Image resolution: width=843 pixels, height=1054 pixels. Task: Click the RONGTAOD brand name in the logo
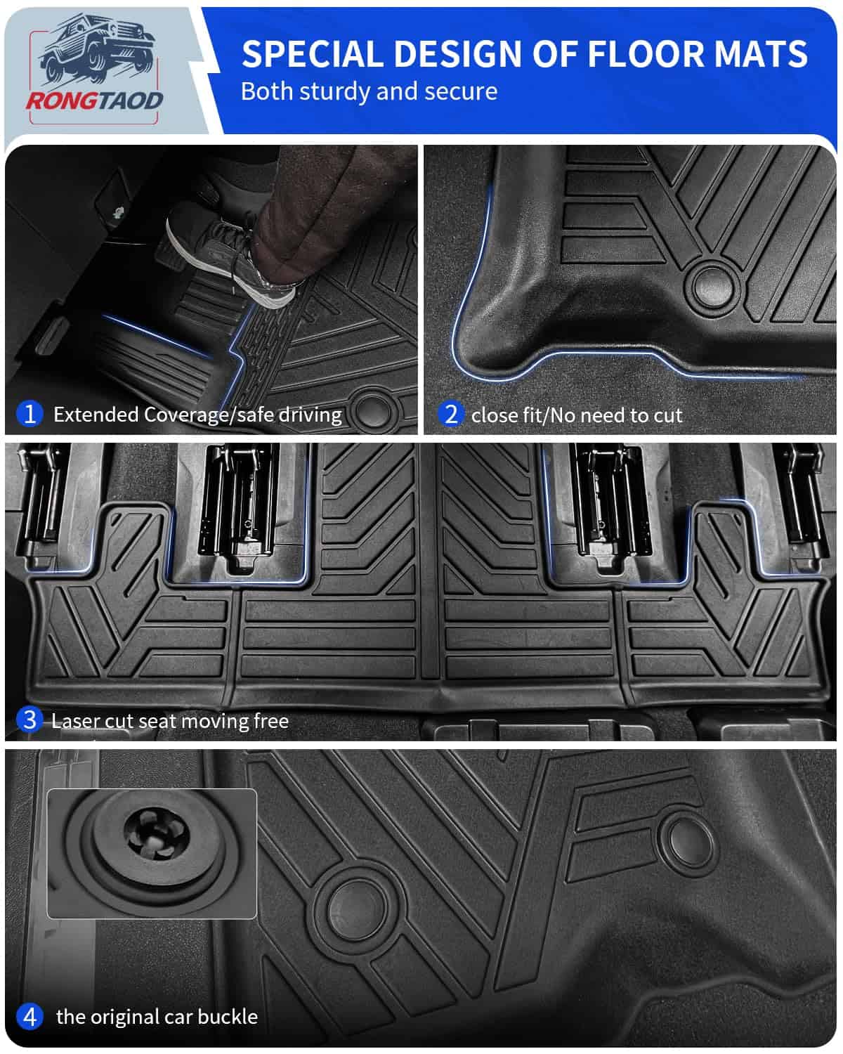(x=94, y=100)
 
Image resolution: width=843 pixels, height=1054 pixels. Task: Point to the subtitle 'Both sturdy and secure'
(x=369, y=91)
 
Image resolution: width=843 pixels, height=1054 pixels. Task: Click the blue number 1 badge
(x=29, y=413)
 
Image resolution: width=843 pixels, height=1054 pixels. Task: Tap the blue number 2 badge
(x=451, y=414)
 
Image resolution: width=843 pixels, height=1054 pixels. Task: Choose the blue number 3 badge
(x=29, y=720)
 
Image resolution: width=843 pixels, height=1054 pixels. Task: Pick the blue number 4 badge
(x=29, y=1016)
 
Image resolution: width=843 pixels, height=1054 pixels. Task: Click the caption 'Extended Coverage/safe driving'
(x=197, y=415)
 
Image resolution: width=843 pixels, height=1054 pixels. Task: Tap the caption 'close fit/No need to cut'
(x=577, y=415)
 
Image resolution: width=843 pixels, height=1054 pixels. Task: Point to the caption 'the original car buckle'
(x=157, y=1017)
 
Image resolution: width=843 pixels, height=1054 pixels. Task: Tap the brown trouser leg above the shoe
(x=309, y=211)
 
